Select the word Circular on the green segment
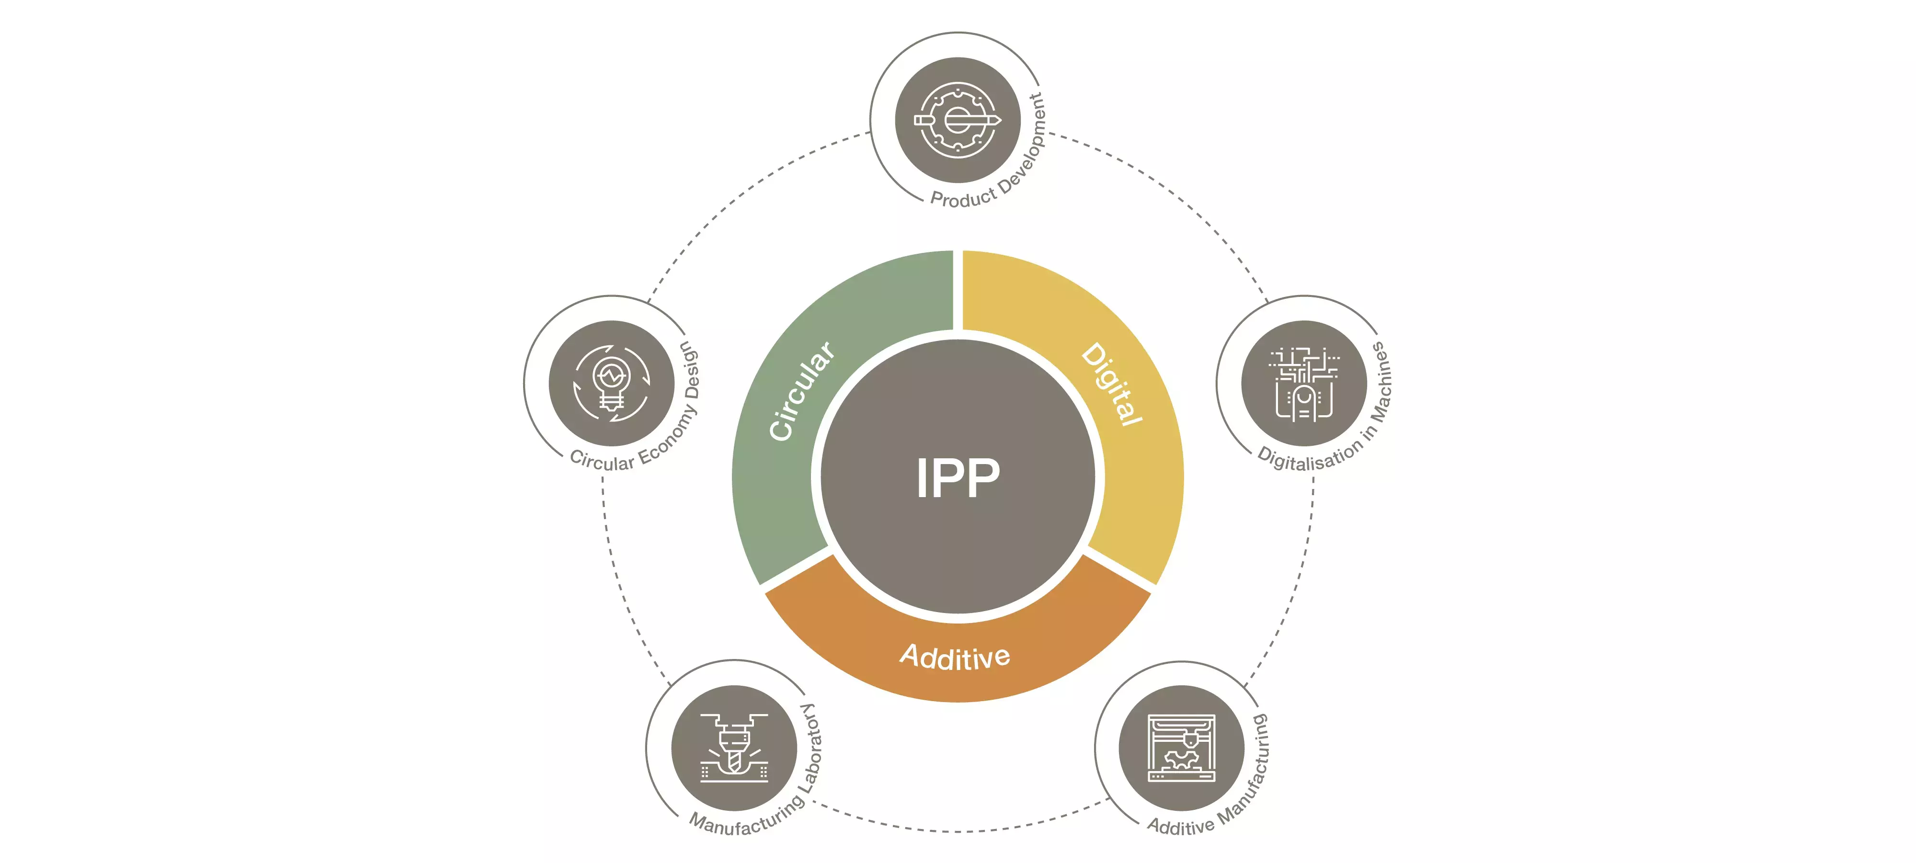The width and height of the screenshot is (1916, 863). [801, 391]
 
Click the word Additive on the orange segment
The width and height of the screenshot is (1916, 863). [955, 656]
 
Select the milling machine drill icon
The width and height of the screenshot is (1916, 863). [734, 748]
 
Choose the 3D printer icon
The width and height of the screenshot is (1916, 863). [1181, 748]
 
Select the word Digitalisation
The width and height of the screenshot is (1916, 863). [1309, 457]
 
